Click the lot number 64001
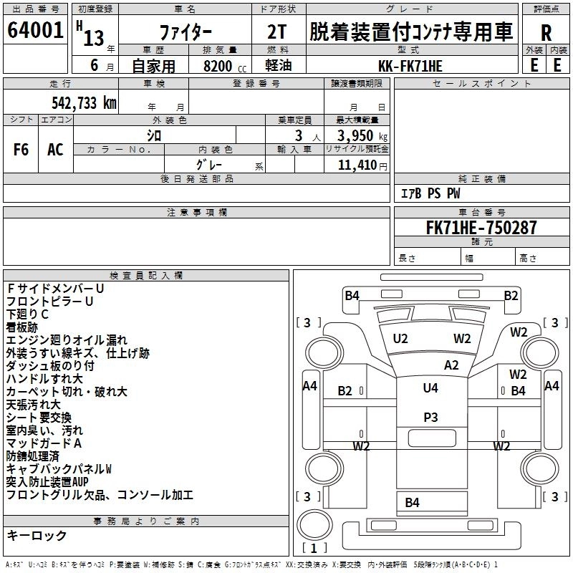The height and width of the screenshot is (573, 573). [x=35, y=31]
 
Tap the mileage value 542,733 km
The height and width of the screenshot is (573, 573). [x=84, y=102]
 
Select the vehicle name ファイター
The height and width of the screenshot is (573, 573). [x=184, y=32]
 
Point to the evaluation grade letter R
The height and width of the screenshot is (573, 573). [x=546, y=33]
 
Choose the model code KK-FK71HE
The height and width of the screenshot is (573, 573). [x=410, y=66]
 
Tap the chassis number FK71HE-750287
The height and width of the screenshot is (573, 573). [x=481, y=228]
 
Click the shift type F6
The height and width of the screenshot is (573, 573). [x=21, y=149]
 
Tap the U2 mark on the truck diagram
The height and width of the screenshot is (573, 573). [x=400, y=338]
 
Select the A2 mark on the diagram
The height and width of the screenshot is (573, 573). [x=451, y=365]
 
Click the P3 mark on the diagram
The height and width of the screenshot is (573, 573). [x=430, y=417]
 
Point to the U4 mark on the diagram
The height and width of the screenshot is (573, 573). [x=430, y=388]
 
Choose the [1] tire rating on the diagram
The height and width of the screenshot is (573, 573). [x=314, y=548]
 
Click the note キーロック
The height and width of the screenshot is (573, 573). [x=37, y=536]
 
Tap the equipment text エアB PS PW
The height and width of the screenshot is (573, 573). [x=430, y=193]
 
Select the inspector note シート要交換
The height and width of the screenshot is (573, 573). [x=39, y=418]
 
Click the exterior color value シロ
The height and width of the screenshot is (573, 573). [x=154, y=135]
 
